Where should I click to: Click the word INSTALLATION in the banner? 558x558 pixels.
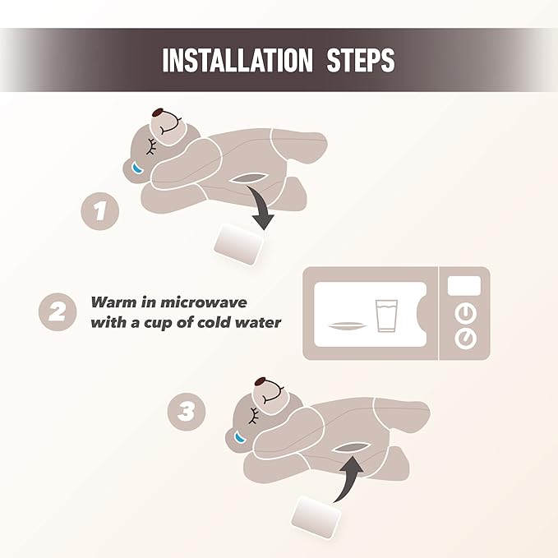(237, 60)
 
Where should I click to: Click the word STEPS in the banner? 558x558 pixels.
(361, 60)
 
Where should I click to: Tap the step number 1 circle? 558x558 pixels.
(100, 211)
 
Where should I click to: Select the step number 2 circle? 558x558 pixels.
(58, 312)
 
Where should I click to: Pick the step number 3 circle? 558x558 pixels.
(186, 412)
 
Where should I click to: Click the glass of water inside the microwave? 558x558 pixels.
(386, 316)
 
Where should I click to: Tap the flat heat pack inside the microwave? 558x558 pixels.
(347, 325)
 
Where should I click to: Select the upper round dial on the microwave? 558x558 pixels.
(465, 314)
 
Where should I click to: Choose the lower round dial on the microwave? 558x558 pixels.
(465, 339)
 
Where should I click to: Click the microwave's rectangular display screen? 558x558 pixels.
(464, 286)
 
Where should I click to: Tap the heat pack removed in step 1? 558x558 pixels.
(239, 244)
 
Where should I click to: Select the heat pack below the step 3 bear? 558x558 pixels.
(316, 517)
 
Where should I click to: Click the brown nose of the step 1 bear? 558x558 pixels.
(158, 113)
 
